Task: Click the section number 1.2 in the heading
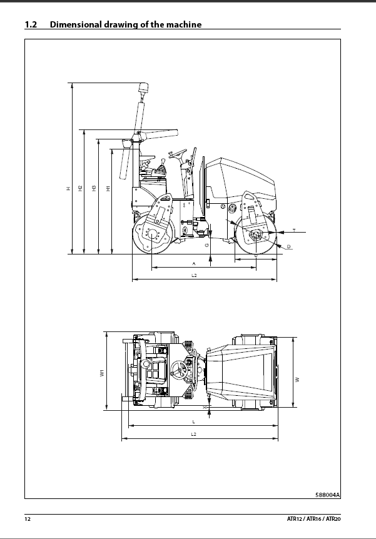(x=31, y=24)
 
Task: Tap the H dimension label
(x=68, y=188)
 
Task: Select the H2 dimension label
(x=80, y=188)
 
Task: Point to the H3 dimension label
(x=94, y=188)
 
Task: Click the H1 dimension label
(x=108, y=188)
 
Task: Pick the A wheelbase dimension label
(x=194, y=264)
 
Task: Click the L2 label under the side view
(x=194, y=275)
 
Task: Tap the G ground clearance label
(x=206, y=245)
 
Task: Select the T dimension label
(x=294, y=230)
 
